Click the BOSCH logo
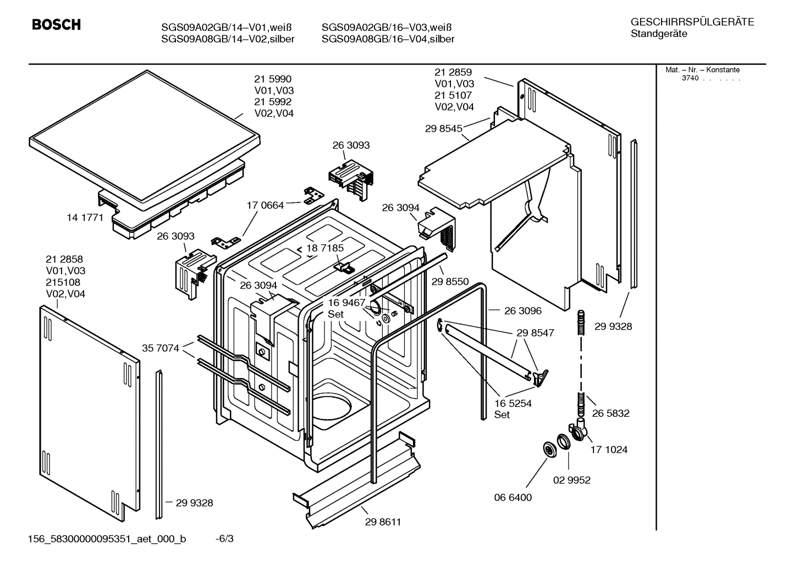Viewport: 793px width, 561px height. tap(56, 25)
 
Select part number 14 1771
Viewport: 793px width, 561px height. tap(85, 217)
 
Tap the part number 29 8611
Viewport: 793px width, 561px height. tap(383, 522)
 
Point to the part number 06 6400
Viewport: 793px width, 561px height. tap(513, 497)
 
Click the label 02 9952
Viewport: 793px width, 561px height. tap(571, 480)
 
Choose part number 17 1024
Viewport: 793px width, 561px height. tap(609, 449)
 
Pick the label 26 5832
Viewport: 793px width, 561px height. tap(610, 413)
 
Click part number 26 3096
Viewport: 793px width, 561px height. tap(522, 311)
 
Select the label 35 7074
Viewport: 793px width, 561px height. tap(161, 348)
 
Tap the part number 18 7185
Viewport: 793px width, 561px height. tap(325, 248)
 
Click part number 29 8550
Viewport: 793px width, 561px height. tap(450, 281)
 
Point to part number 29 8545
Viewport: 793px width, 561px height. tap(443, 128)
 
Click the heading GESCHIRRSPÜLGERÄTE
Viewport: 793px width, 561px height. tap(692, 22)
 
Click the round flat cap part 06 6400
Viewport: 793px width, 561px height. tap(548, 449)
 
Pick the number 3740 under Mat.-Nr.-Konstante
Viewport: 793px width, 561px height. tap(690, 78)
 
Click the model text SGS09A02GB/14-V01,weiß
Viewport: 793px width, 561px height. tap(225, 28)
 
